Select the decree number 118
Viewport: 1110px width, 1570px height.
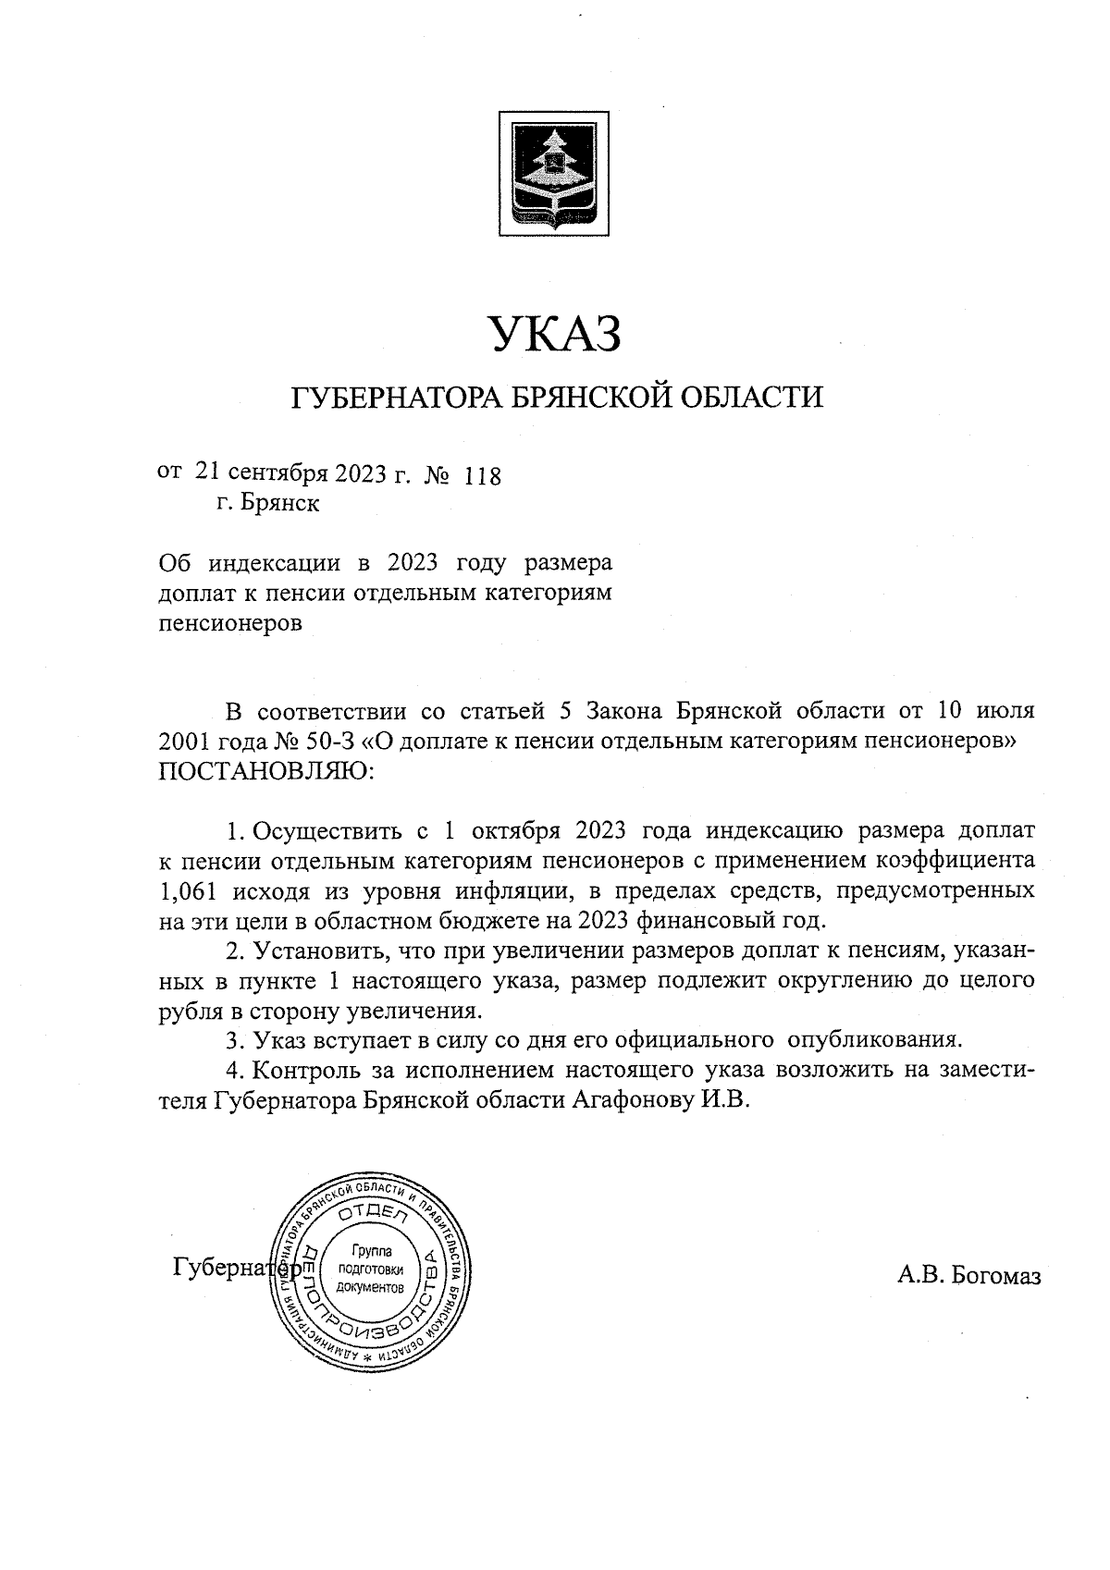coord(482,477)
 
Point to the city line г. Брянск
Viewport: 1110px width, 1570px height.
coord(268,505)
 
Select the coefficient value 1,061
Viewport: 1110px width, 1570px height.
coord(189,892)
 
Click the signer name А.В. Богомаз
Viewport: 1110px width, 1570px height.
coord(968,1277)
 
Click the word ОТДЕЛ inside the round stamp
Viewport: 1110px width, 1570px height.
coord(372,1214)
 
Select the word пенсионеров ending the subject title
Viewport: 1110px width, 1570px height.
coord(231,623)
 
